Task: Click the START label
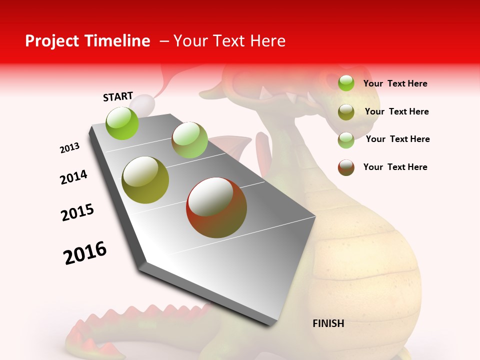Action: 118,96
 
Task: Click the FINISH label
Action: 328,323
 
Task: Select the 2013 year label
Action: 69,148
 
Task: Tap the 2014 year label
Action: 73,177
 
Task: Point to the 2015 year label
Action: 77,212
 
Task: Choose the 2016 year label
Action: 85,253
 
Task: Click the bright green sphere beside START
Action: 122,123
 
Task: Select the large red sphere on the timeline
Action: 216,207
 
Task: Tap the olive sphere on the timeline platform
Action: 145,180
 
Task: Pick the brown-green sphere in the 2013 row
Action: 189,140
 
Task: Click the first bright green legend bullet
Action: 346,83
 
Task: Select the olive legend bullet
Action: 346,112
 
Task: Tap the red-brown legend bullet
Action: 346,167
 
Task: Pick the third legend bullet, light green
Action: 346,140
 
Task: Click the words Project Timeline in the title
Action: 87,41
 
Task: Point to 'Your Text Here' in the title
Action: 229,41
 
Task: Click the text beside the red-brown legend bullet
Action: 395,167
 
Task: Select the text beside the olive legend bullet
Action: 396,111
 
